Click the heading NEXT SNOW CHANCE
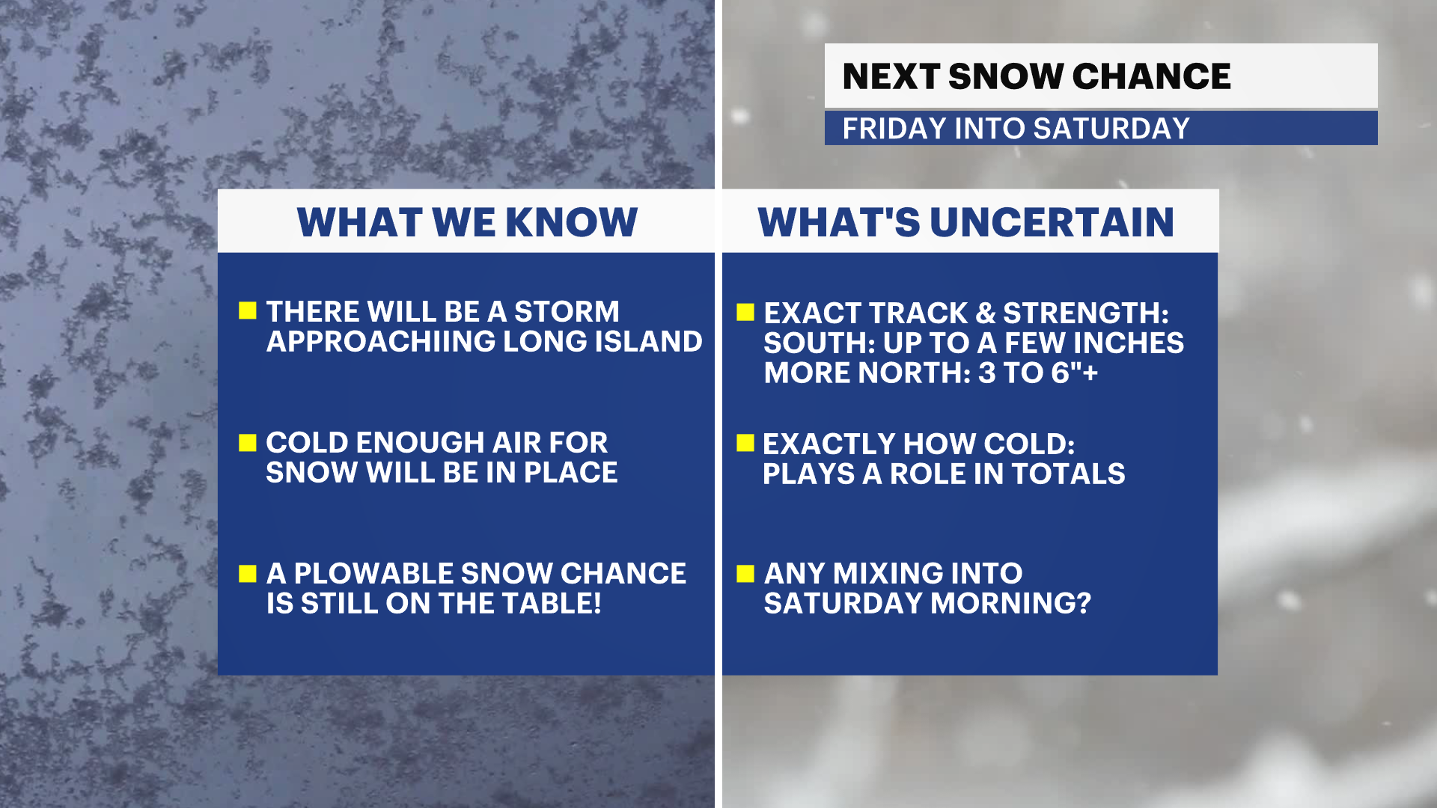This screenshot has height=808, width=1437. [1037, 76]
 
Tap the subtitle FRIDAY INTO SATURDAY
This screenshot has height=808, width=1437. [1016, 129]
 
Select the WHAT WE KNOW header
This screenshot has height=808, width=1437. [467, 222]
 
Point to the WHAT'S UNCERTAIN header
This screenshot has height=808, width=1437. [966, 222]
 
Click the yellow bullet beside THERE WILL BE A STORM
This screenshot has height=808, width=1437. [248, 310]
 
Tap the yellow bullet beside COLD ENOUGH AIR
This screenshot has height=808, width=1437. [248, 443]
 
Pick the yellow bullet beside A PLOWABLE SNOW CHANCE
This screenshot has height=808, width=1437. [248, 574]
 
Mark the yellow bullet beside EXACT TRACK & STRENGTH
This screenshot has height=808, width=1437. [745, 312]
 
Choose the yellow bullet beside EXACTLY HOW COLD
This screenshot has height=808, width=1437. [745, 443]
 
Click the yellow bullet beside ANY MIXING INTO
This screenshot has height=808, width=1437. [745, 574]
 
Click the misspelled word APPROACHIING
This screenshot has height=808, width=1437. [381, 341]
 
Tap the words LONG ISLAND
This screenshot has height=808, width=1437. [602, 341]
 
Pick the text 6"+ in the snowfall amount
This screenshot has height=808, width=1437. [1074, 373]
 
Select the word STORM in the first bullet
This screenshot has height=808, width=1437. [567, 311]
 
